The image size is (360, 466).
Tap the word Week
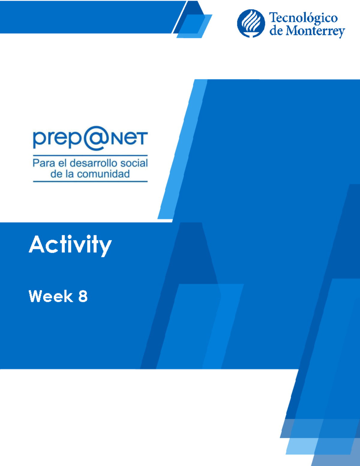pos(51,296)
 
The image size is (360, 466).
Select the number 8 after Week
pos(83,296)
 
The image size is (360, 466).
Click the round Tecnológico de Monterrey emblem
pos(251,23)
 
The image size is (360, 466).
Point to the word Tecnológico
pos(303,18)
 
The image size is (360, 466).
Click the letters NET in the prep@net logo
pos(130,139)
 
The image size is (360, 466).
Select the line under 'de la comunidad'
pos(90,182)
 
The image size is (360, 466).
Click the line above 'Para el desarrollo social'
pos(90,155)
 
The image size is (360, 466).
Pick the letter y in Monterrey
pos(340,32)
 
